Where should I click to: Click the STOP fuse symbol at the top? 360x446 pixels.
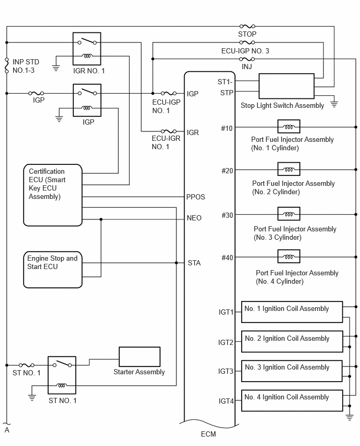click(x=247, y=27)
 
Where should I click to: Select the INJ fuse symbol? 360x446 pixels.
click(x=247, y=59)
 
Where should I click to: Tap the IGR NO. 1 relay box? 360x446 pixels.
click(x=87, y=49)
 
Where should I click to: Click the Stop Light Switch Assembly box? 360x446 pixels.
click(x=286, y=86)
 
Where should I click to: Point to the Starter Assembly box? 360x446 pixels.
click(x=139, y=356)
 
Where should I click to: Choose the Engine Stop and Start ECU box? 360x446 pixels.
click(x=53, y=270)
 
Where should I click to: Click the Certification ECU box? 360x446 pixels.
click(x=53, y=195)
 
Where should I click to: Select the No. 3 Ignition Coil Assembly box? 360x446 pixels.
click(x=292, y=371)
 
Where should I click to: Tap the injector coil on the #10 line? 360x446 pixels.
click(x=289, y=127)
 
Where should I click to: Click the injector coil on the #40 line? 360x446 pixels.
click(x=289, y=257)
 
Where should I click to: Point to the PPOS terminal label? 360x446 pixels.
click(x=196, y=197)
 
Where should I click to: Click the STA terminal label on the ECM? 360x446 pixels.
click(x=194, y=263)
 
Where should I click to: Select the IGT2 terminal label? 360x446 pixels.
click(x=226, y=342)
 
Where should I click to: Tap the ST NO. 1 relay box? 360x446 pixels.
click(x=62, y=375)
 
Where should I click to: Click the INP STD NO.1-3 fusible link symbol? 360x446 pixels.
click(x=7, y=66)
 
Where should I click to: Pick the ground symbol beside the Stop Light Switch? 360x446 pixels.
click(x=334, y=104)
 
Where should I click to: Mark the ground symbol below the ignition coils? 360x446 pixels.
click(x=350, y=417)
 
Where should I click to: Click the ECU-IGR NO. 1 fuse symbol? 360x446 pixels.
click(x=168, y=131)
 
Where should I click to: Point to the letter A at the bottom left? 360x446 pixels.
click(x=7, y=430)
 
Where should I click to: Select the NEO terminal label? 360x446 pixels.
click(x=194, y=218)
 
